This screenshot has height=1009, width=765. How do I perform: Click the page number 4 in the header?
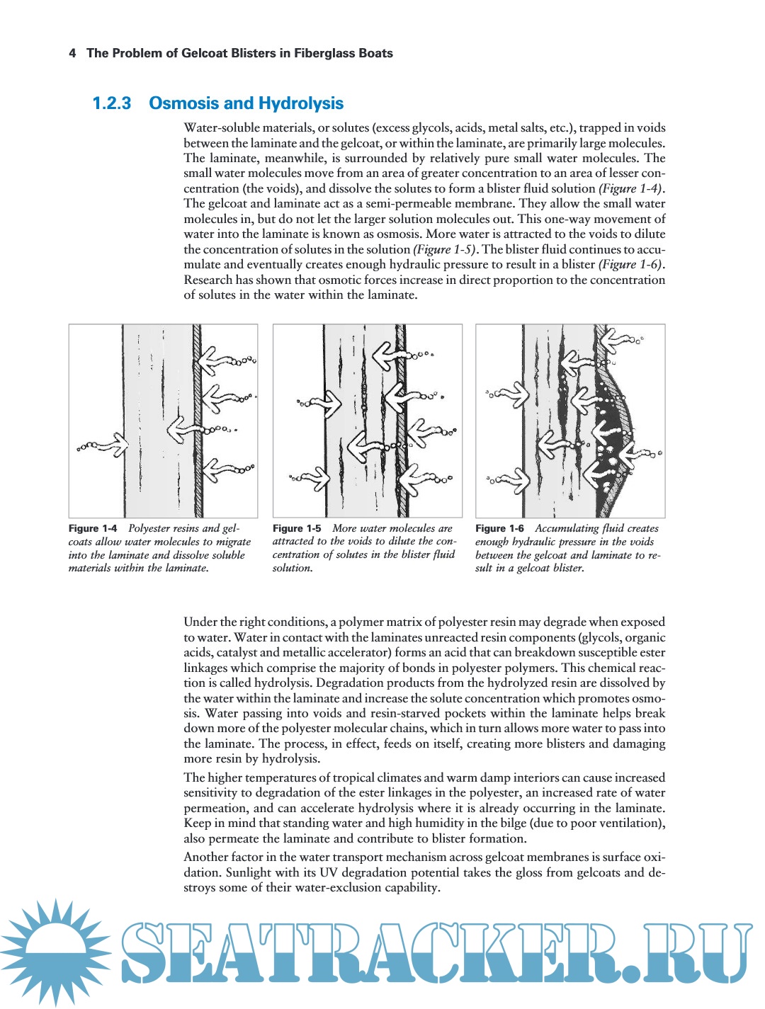click(x=72, y=53)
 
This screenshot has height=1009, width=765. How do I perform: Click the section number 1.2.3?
click(x=112, y=103)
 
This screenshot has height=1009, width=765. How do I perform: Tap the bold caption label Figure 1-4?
click(x=93, y=528)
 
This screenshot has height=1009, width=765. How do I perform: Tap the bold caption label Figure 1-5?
click(x=297, y=528)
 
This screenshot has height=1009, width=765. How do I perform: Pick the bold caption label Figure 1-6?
click(x=499, y=528)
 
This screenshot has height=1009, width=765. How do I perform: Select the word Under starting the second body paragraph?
click(x=201, y=622)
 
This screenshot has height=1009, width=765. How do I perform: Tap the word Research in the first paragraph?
click(x=209, y=280)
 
